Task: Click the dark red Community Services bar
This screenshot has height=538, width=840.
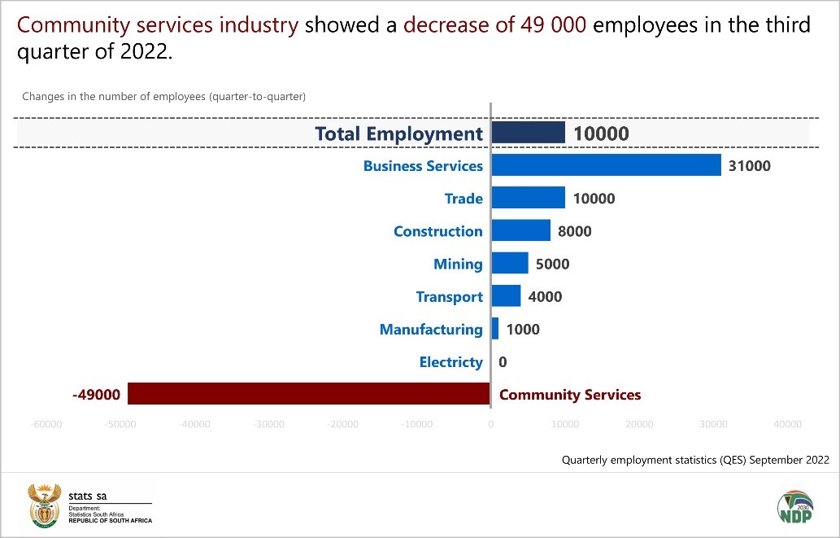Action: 309,394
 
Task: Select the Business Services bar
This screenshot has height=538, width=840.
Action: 607,165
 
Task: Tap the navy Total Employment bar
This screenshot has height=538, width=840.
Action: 529,133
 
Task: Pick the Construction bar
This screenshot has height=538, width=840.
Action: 521,231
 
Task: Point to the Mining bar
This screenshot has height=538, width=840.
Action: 511,264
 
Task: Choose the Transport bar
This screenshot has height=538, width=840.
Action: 507,296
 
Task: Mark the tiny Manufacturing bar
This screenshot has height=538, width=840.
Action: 495,329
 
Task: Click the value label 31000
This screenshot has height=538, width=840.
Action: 750,166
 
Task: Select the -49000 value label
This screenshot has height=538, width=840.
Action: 96,395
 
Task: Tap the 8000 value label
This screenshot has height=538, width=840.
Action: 574,231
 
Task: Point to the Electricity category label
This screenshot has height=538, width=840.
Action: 450,362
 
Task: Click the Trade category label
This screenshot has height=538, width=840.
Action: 464,199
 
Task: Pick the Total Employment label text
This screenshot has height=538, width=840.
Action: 398,133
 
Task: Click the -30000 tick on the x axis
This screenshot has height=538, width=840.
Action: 269,424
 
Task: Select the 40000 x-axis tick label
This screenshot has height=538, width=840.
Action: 787,424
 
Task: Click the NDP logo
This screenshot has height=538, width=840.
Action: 794,510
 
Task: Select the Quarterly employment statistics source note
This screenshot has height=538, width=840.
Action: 695,460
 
